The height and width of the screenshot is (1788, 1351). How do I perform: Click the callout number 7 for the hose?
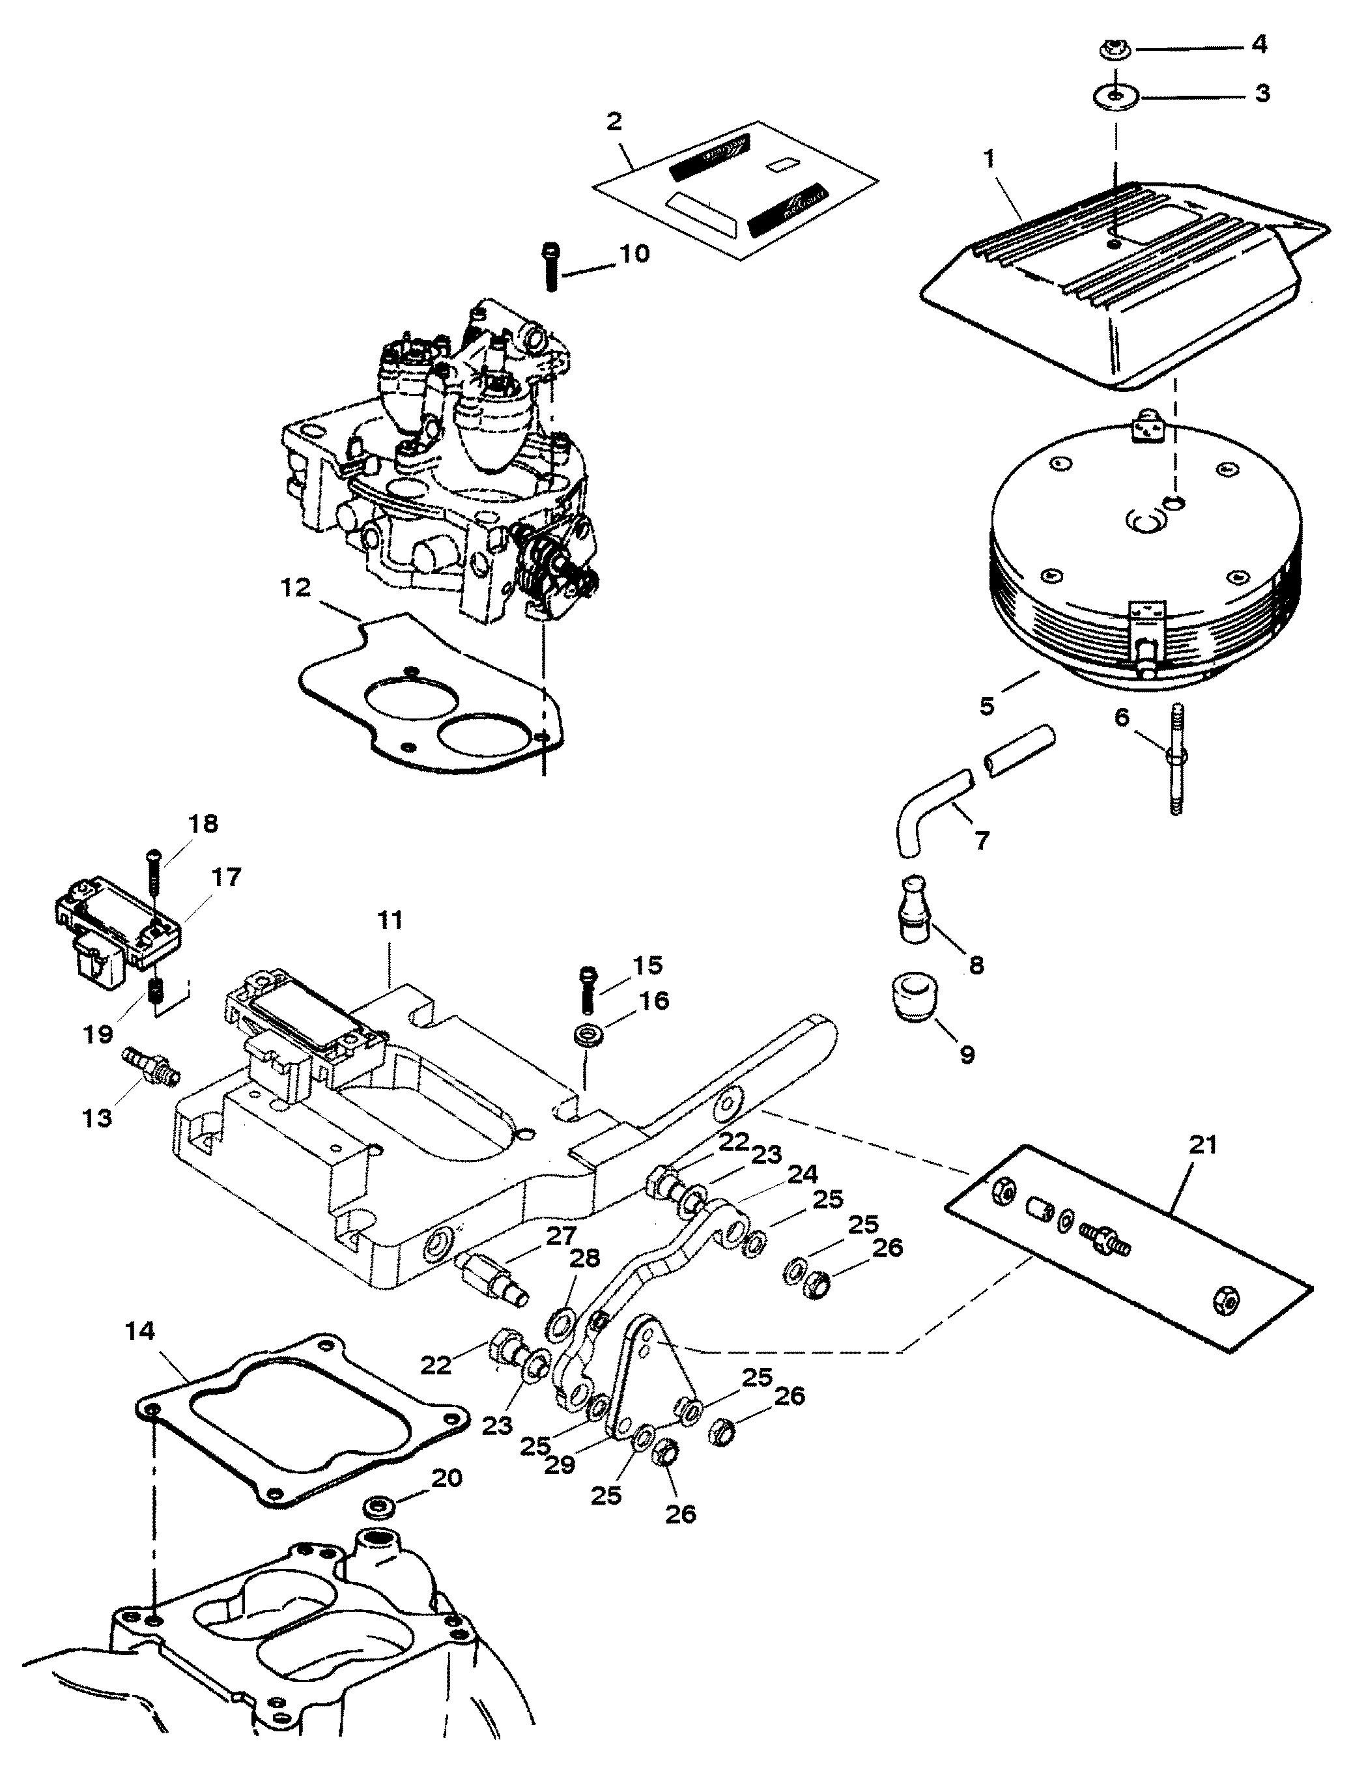click(x=981, y=841)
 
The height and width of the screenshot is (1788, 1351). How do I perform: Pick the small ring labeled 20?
click(x=377, y=1509)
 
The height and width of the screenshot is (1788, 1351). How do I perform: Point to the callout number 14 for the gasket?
click(x=141, y=1331)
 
